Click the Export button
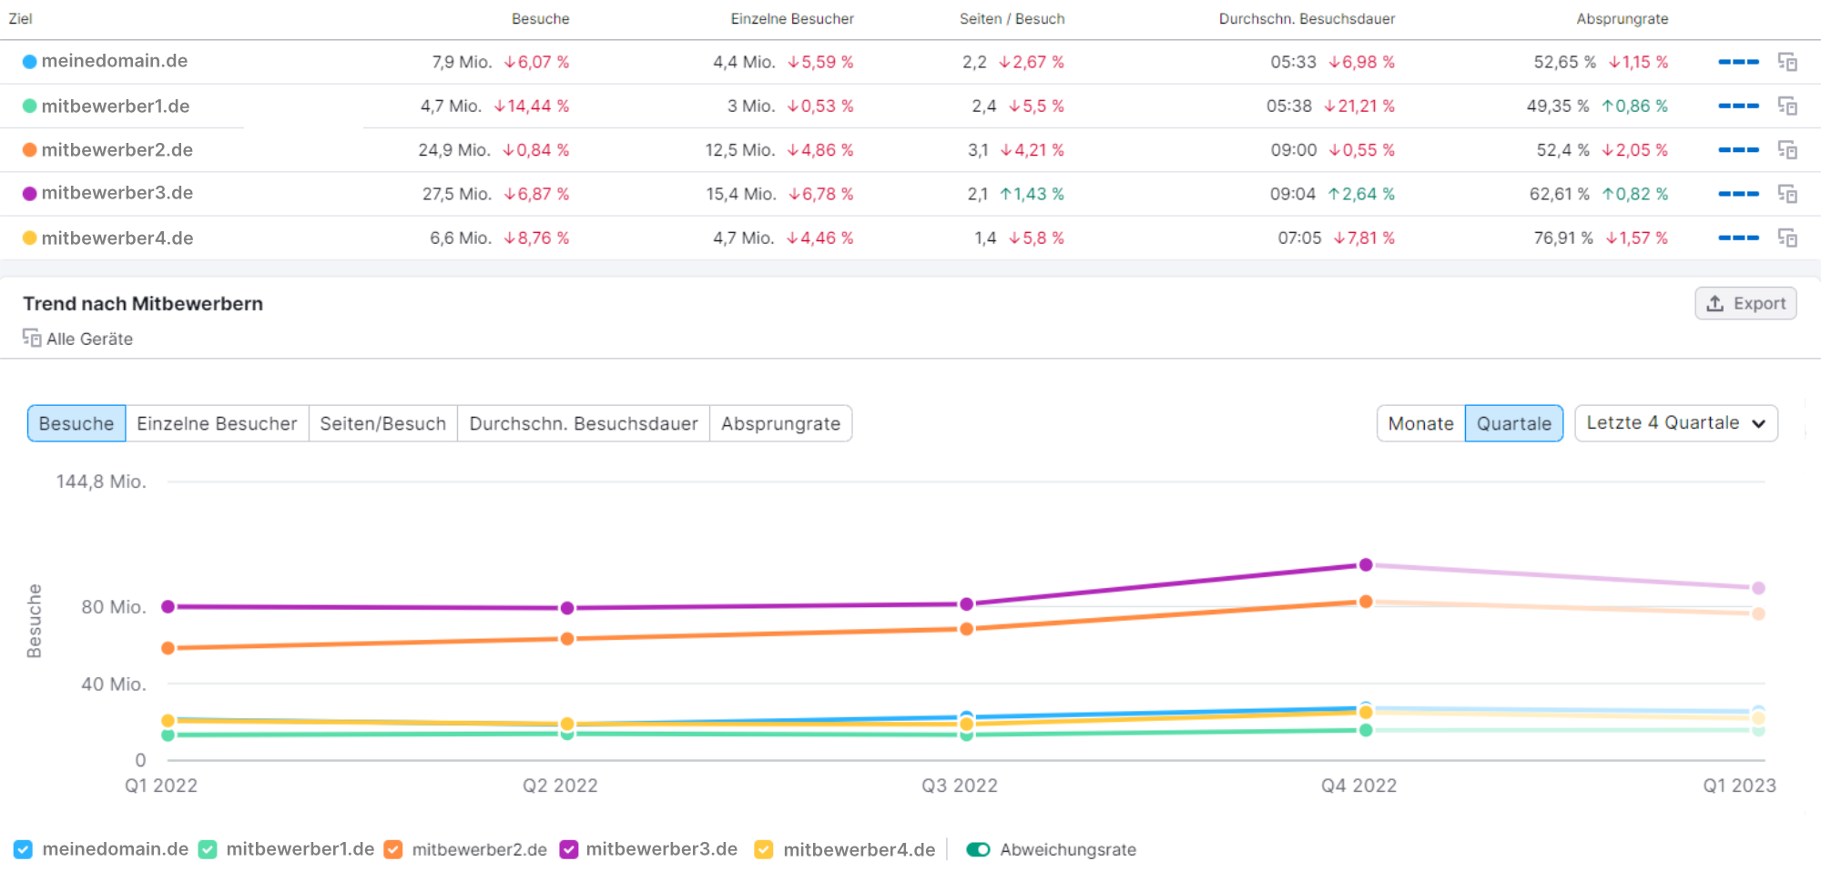[1745, 304]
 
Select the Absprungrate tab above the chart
[780, 424]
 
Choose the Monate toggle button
[1420, 424]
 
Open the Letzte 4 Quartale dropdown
[1675, 423]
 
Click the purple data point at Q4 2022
[1366, 565]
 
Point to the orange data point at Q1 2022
[168, 648]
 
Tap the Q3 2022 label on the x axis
[959, 786]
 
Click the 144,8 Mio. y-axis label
[101, 481]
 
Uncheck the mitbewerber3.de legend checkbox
[569, 849]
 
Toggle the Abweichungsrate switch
[978, 849]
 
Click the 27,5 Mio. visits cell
[456, 194]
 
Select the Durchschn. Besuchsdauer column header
[1307, 19]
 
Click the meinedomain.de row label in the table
[114, 61]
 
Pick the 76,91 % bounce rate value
[1563, 238]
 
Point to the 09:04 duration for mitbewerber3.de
[1292, 194]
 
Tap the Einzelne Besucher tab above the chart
[217, 424]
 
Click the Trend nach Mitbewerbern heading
[143, 304]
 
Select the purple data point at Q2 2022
[567, 608]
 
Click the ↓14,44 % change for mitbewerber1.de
[531, 106]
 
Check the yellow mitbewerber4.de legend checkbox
[764, 849]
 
